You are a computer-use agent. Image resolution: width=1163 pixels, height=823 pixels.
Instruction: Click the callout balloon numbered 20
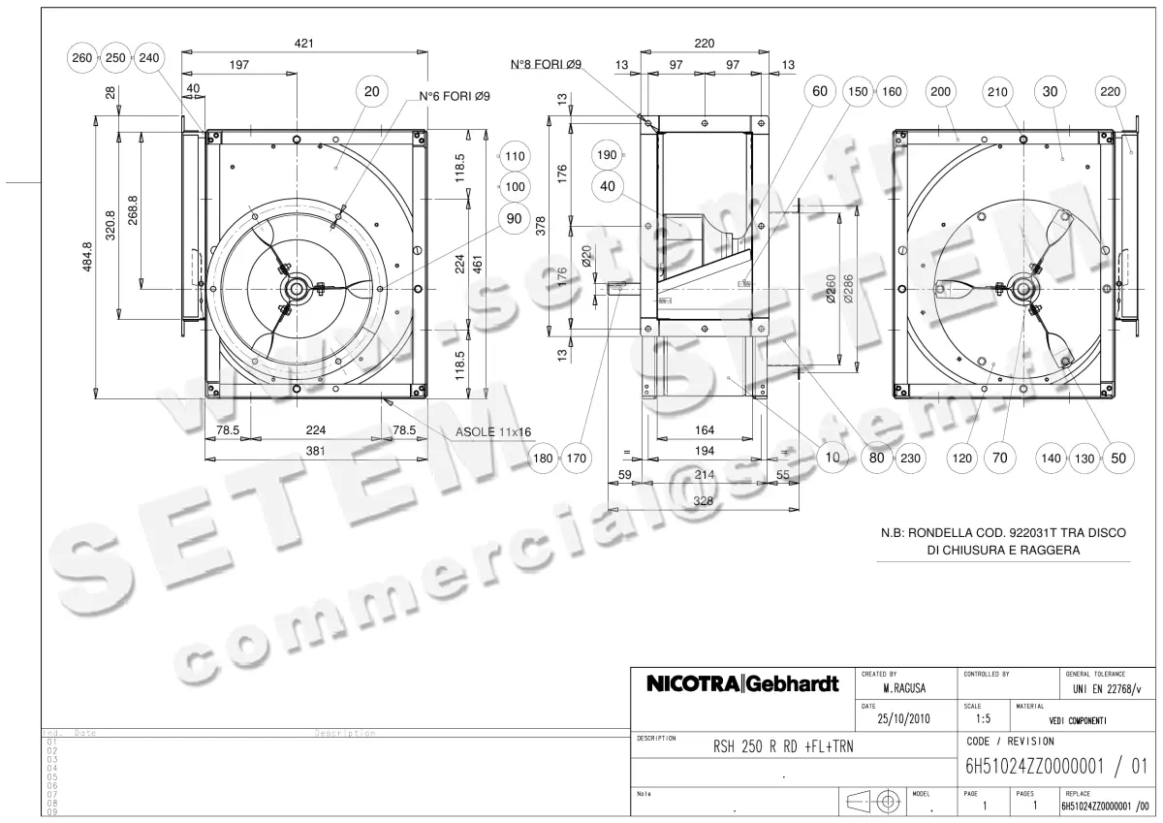tap(371, 92)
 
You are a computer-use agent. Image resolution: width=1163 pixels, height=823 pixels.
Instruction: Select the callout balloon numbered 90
tap(514, 218)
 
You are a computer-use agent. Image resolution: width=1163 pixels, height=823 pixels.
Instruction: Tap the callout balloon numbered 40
tap(608, 185)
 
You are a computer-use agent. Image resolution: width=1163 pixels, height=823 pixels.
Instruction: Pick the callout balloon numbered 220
tap(1111, 92)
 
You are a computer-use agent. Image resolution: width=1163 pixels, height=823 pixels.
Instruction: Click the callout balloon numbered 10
tap(832, 459)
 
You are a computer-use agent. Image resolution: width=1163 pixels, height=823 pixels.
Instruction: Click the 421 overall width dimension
tap(304, 44)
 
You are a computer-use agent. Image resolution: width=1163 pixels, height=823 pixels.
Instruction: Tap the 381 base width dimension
tap(316, 451)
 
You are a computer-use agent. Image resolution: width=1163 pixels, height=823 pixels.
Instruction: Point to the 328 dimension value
tap(705, 501)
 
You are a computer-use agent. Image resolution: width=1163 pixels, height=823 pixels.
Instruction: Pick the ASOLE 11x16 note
tap(494, 432)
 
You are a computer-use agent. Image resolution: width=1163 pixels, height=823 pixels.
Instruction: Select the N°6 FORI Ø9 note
tap(454, 97)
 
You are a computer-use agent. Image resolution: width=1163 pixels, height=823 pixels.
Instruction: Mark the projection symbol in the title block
tap(879, 802)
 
